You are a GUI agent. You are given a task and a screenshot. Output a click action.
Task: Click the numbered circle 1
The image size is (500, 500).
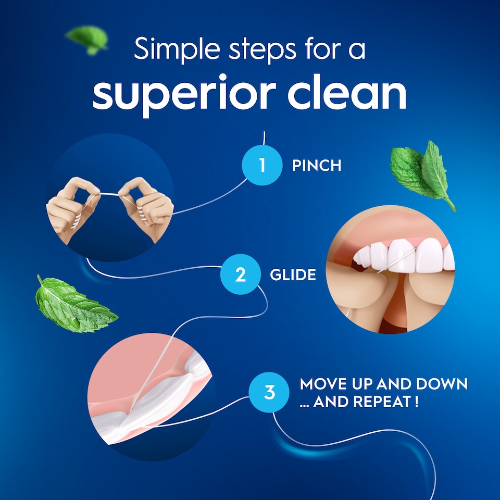point(262,166)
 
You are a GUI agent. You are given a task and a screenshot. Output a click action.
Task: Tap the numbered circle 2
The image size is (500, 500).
point(240,274)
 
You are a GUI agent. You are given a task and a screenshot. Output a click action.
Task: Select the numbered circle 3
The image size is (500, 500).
point(269,392)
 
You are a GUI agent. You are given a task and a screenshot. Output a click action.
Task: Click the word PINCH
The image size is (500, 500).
point(317,166)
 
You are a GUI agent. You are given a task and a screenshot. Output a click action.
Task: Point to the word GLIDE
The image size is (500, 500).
point(293,274)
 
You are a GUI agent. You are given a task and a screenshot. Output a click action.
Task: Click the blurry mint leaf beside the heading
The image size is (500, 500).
point(87,39)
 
